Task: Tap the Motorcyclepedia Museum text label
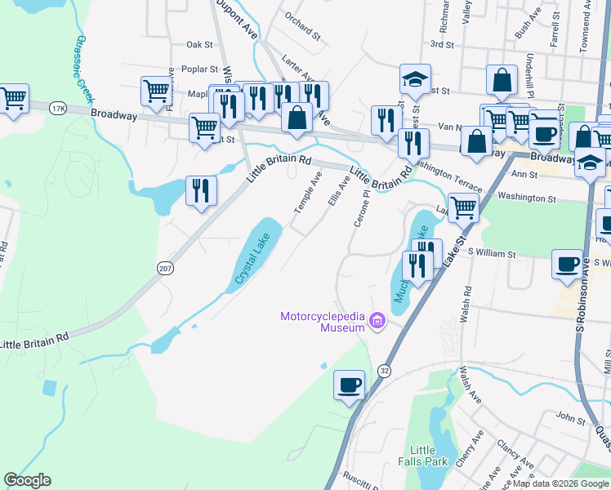click(322, 322)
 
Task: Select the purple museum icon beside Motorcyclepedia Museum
click(377, 323)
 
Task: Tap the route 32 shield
click(384, 371)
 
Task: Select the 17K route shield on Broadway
click(56, 108)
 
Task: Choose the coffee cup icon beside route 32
click(349, 385)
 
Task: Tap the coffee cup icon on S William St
click(569, 264)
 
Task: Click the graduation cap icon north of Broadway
click(414, 80)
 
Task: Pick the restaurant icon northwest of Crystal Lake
click(200, 191)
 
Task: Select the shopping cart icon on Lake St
click(463, 207)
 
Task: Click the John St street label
click(567, 416)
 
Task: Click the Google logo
click(27, 480)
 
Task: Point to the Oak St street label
click(199, 45)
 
